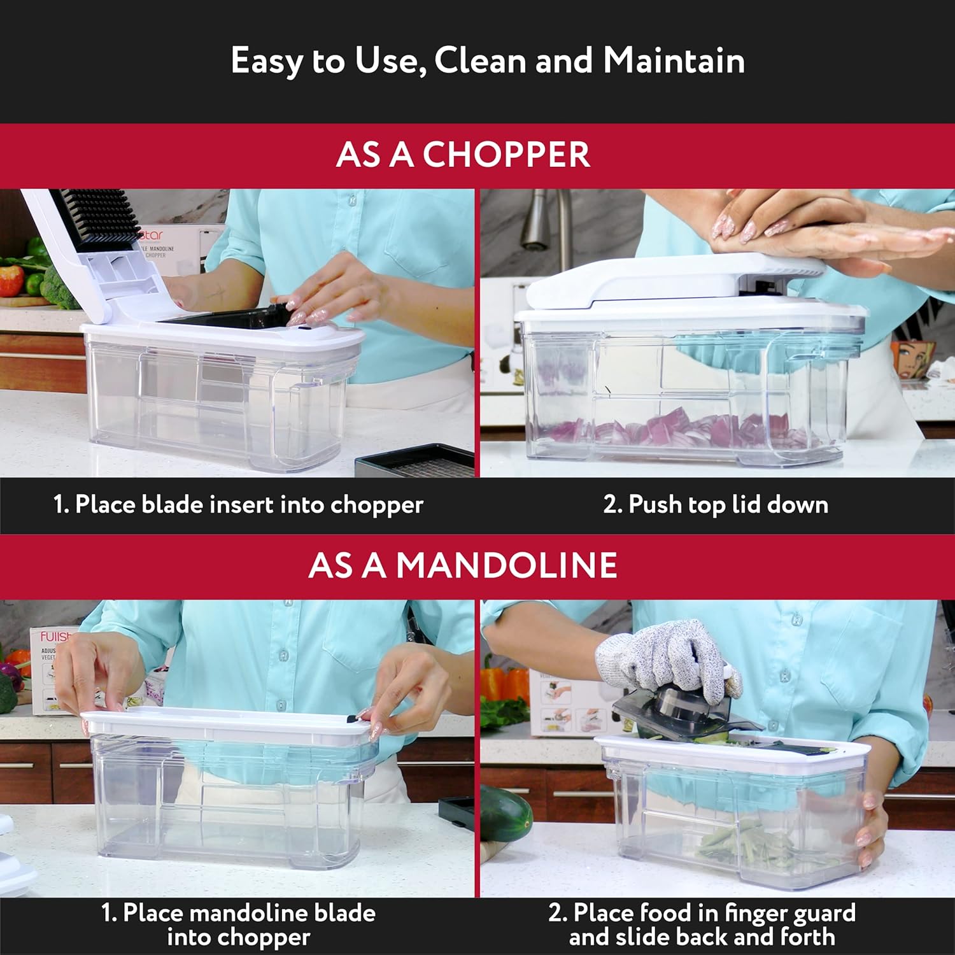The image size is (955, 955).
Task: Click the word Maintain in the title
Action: pos(674,61)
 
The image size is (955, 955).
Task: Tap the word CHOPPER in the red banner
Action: pos(506,155)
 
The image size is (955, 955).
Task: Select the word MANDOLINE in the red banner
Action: pos(506,565)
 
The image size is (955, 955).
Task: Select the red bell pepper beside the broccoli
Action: pos(11,280)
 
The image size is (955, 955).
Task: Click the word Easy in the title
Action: pos(267,62)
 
